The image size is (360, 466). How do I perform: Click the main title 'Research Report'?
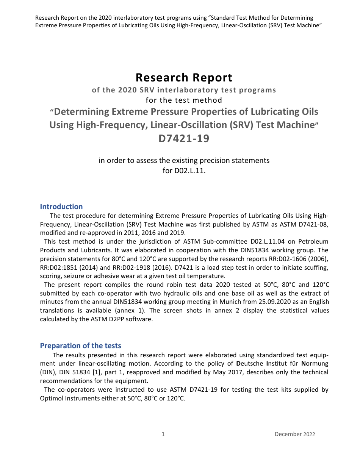[x=184, y=78]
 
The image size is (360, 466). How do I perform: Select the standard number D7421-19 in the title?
[x=184, y=139]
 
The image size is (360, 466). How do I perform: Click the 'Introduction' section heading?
[x=61, y=206]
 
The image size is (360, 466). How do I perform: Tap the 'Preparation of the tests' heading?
[x=81, y=346]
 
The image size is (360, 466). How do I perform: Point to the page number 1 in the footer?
[x=163, y=434]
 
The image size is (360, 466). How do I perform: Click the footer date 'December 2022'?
[x=295, y=434]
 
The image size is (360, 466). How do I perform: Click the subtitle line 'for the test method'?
[x=184, y=100]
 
